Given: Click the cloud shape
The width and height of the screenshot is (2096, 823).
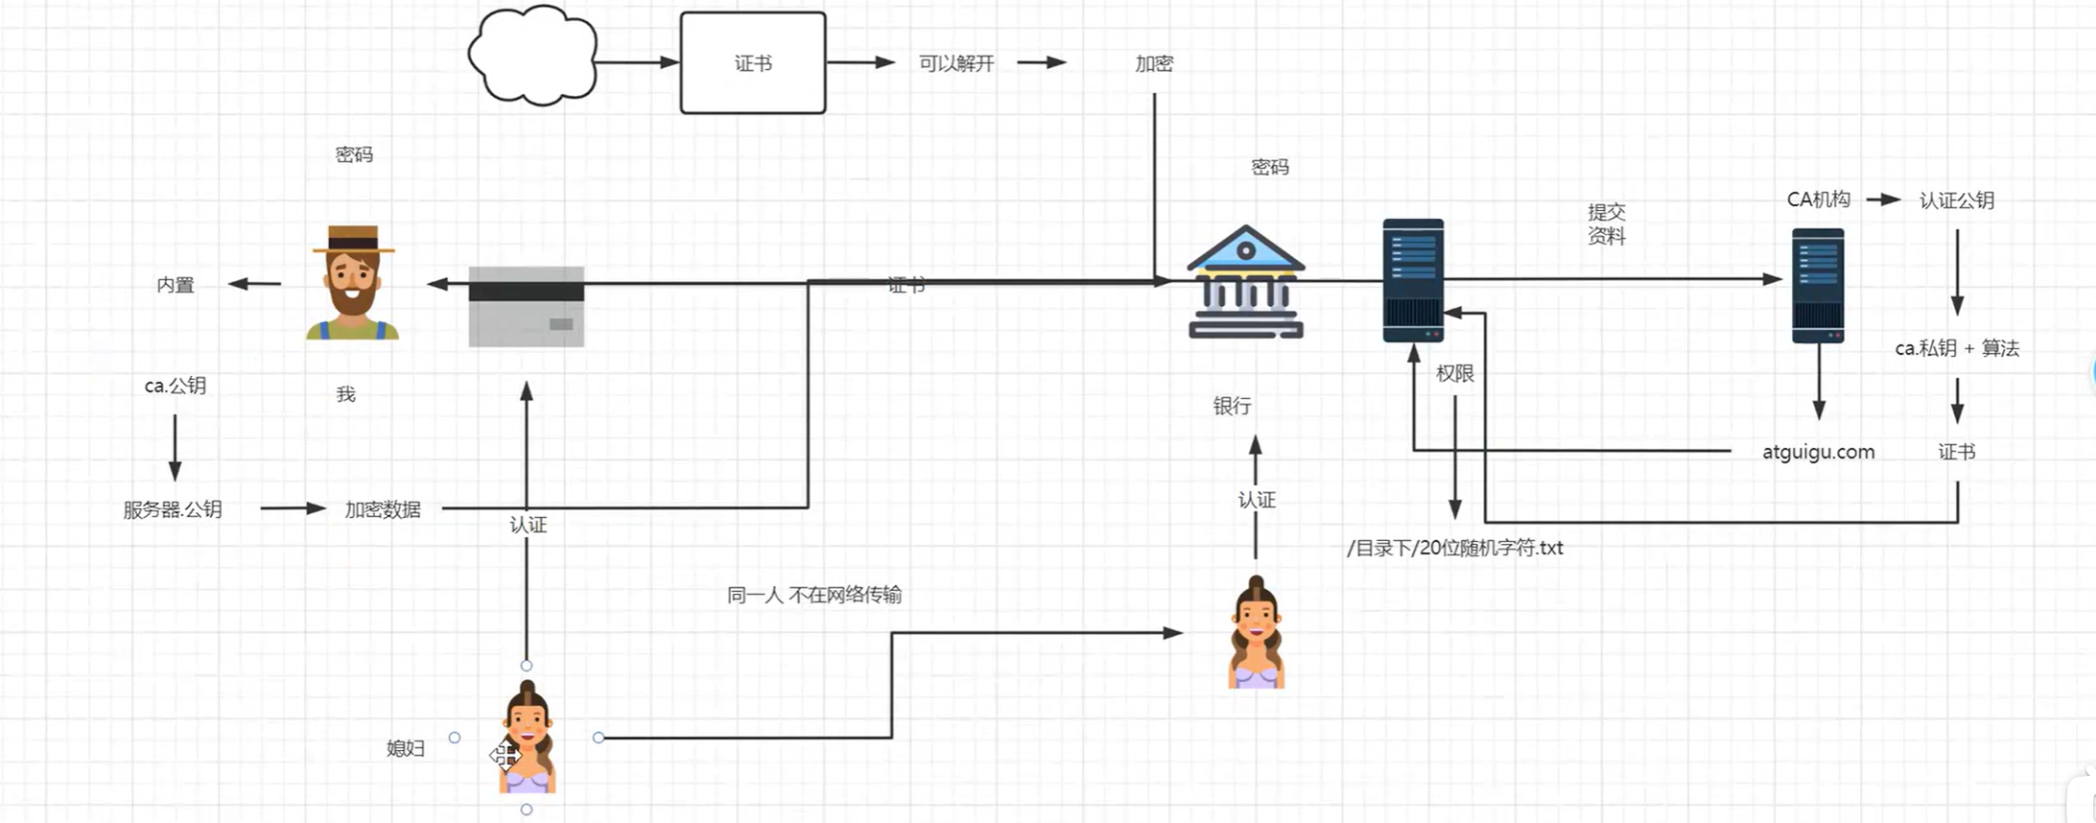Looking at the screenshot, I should tap(532, 56).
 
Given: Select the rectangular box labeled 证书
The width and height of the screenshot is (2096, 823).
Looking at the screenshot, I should tap(752, 63).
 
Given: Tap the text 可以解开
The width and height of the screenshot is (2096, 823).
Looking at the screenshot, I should tap(955, 63).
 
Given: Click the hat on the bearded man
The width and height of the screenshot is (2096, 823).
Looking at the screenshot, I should tap(353, 239).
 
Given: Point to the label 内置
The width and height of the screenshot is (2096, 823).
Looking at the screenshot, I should tap(176, 285).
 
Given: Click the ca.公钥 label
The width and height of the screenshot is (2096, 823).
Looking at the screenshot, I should tap(175, 386).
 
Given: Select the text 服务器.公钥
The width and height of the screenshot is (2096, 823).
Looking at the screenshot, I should tap(173, 509).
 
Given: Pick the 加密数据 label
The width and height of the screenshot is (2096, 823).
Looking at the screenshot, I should tap(383, 509).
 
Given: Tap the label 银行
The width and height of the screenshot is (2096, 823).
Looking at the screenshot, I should tap(1232, 407).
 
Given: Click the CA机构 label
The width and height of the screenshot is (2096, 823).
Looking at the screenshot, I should tap(1818, 200).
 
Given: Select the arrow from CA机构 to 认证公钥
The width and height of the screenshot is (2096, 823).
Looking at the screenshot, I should tap(1883, 200).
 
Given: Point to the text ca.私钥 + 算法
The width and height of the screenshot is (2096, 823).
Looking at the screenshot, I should tap(1957, 348).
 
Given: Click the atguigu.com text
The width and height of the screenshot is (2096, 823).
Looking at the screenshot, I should tap(1818, 452).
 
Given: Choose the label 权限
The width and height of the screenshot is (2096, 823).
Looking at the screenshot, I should tap(1454, 374).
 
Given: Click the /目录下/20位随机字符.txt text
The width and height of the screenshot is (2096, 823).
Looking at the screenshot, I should tap(1454, 548).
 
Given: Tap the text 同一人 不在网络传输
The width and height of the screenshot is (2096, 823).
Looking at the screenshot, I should tap(813, 595).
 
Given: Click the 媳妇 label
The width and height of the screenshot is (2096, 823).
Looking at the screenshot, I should tap(405, 748).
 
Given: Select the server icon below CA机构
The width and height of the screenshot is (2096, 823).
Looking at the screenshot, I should tap(1818, 285).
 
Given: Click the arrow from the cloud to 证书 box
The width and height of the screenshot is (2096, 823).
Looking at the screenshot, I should tap(636, 62).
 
